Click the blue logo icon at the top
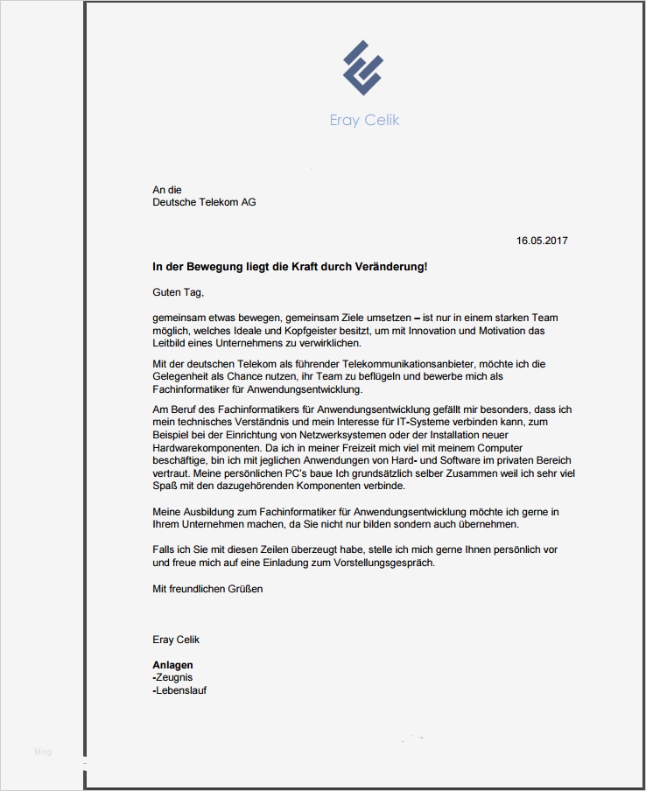(363, 67)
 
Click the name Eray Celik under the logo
(364, 120)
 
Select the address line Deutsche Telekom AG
(204, 202)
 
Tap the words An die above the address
(167, 189)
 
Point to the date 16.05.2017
(542, 241)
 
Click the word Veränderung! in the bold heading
(392, 266)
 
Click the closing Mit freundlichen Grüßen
(207, 589)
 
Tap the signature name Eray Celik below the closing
(176, 640)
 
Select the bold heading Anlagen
(172, 665)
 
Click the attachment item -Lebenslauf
(179, 690)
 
